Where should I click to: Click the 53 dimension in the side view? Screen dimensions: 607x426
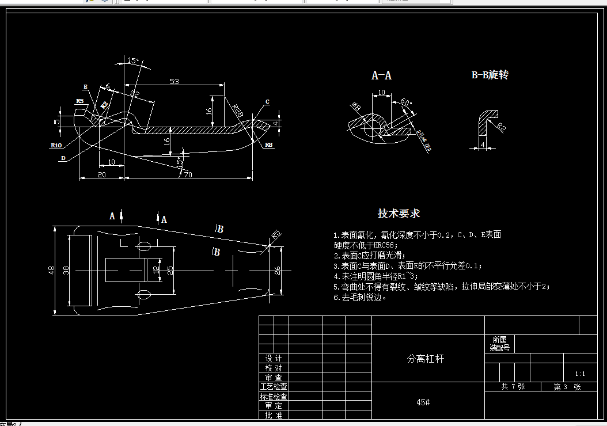click(x=174, y=82)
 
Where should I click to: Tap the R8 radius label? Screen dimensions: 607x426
click(x=268, y=144)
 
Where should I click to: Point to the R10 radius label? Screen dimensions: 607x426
click(x=56, y=145)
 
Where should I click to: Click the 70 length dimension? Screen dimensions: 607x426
click(x=188, y=174)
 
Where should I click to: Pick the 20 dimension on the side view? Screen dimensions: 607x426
click(x=101, y=174)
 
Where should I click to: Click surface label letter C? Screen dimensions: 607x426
click(x=267, y=102)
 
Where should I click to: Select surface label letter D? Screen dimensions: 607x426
click(x=63, y=158)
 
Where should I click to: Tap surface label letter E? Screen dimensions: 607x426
click(x=85, y=87)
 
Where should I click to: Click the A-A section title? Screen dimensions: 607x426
click(x=381, y=75)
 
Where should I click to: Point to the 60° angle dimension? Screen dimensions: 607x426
click(x=406, y=102)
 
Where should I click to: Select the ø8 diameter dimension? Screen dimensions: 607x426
click(x=356, y=106)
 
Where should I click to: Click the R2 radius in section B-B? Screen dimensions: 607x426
click(x=501, y=127)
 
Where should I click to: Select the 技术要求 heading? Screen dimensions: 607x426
click(x=399, y=214)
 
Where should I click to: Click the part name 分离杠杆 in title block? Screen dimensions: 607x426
click(x=426, y=359)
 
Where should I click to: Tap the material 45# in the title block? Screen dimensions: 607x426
click(x=423, y=402)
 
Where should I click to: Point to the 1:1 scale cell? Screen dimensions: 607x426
click(x=580, y=374)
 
